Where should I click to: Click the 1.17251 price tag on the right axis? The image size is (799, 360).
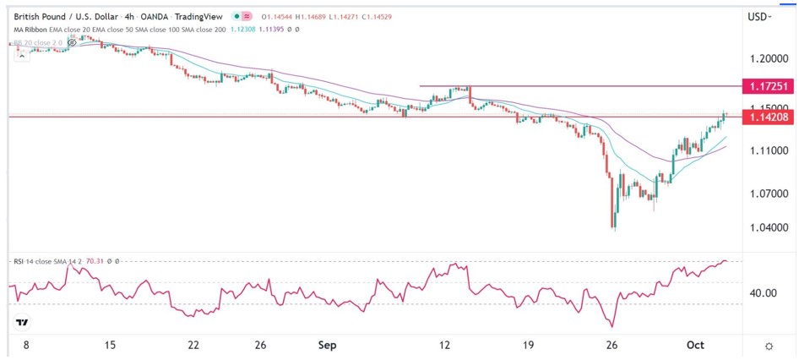coord(767,86)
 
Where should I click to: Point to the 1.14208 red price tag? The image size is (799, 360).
coord(767,117)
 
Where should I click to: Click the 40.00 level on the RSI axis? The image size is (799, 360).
coord(764,293)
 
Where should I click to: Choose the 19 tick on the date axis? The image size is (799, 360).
coord(528,346)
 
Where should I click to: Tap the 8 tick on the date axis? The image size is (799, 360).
coord(26,346)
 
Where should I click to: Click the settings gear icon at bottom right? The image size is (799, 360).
coord(769,346)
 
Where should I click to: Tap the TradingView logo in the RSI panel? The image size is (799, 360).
coord(23,323)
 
